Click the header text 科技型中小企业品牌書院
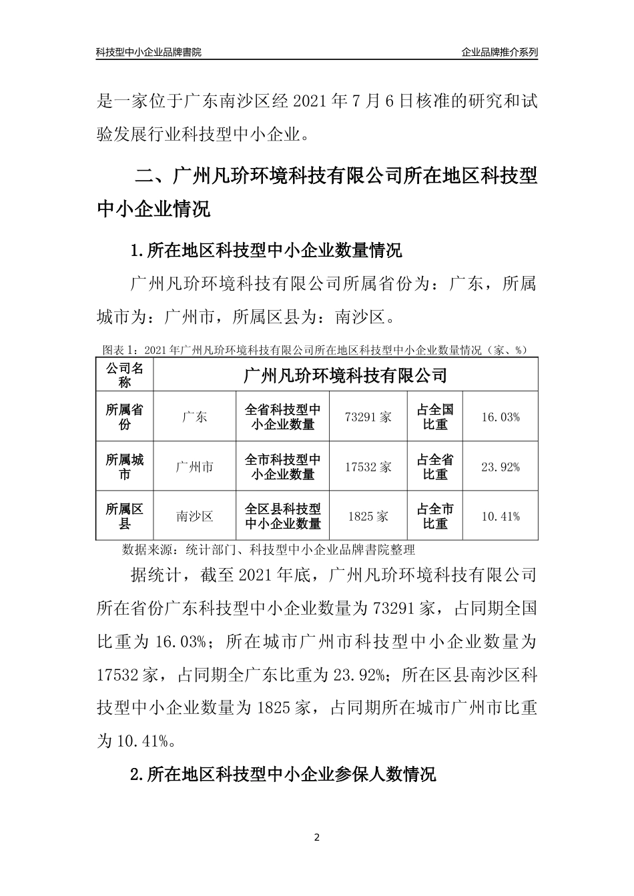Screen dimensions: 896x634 [x=148, y=52]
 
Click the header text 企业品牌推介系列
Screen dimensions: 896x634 [x=499, y=52]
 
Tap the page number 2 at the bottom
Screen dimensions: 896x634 [x=317, y=837]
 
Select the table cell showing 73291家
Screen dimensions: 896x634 [x=368, y=417]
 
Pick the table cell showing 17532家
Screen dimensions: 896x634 [x=368, y=467]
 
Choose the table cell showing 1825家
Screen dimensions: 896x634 [x=368, y=517]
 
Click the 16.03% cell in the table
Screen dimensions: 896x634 [x=500, y=417]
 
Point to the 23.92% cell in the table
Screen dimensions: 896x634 [x=500, y=467]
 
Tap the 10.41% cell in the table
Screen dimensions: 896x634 [x=500, y=517]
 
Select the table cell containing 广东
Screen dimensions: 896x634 [x=194, y=417]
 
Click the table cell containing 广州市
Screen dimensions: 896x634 [x=194, y=467]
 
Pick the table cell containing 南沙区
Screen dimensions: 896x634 [x=194, y=517]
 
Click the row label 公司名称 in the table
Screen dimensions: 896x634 [x=125, y=375]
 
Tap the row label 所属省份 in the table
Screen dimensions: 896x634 [x=125, y=417]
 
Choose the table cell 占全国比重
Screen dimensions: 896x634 [x=435, y=417]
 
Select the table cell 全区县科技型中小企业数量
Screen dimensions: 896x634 [x=283, y=517]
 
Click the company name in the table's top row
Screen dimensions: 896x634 [x=345, y=375]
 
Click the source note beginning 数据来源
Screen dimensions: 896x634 [x=269, y=550]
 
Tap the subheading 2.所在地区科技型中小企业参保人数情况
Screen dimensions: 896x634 [x=284, y=774]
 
